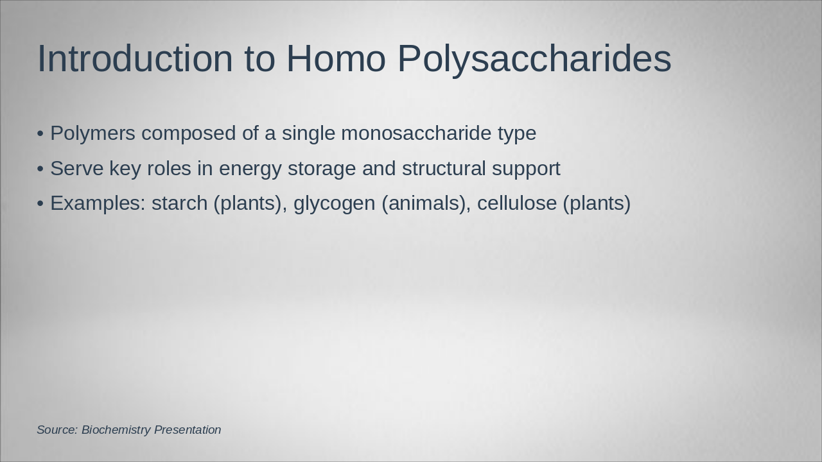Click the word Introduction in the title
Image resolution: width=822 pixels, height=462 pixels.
pyautogui.click(x=135, y=59)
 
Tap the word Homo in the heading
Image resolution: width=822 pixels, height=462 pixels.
pyautogui.click(x=335, y=59)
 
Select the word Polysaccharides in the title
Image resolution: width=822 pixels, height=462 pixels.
pyautogui.click(x=534, y=59)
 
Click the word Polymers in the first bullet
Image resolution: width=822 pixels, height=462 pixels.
pyautogui.click(x=92, y=133)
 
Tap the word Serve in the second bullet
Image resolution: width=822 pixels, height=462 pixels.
pyautogui.click(x=76, y=169)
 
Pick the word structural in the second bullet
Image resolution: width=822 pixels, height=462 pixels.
pyautogui.click(x=444, y=169)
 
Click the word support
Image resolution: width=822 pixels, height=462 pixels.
pyautogui.click(x=526, y=169)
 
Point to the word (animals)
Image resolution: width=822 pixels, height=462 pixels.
pyautogui.click(x=426, y=203)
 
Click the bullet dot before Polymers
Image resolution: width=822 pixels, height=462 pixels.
pyautogui.click(x=40, y=134)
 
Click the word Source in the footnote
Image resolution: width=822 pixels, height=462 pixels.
pyautogui.click(x=57, y=430)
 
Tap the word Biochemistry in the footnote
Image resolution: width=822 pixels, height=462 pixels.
pyautogui.click(x=116, y=430)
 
